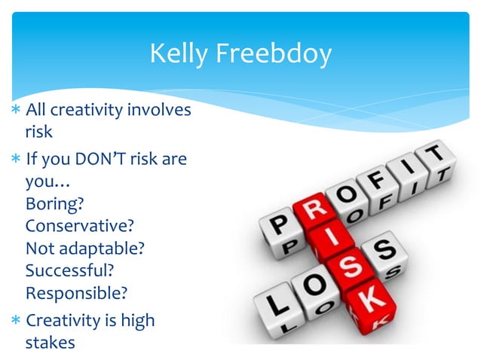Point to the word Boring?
54,203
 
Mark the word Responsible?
75,291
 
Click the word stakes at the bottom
51,342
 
